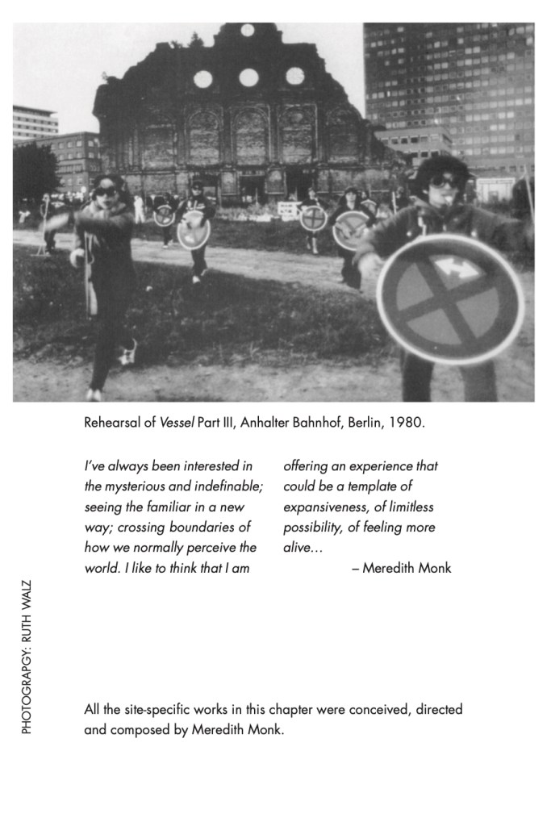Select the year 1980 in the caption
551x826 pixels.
[407, 423]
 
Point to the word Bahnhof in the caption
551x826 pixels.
[312, 423]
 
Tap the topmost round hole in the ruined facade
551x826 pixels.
[248, 31]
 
